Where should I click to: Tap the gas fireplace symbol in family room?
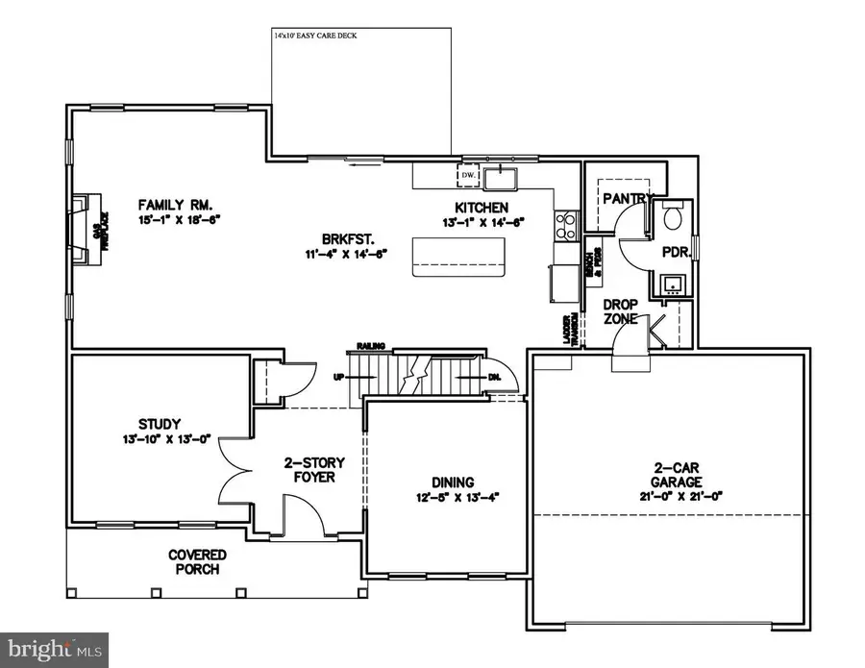(x=87, y=227)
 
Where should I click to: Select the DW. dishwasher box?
(x=468, y=176)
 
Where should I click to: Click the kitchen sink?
(x=502, y=178)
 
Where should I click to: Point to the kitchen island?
(x=457, y=258)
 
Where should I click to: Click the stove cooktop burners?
(x=566, y=224)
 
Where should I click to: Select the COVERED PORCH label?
(x=197, y=561)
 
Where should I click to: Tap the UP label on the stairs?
(x=338, y=378)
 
